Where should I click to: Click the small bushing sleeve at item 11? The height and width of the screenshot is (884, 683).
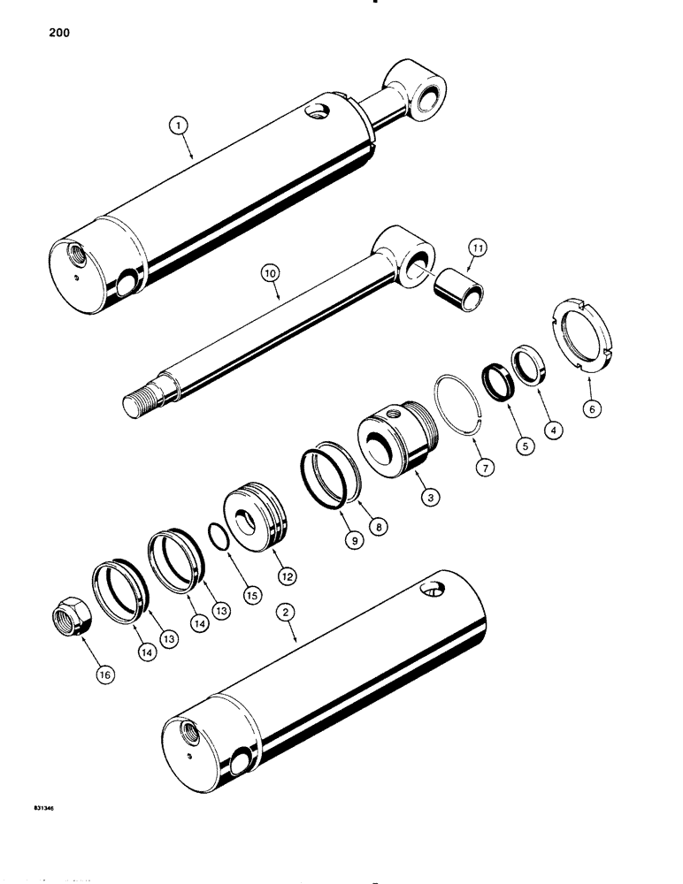point(458,293)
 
